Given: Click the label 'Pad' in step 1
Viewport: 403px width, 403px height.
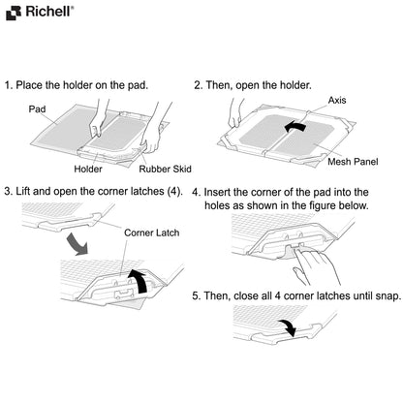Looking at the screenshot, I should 37,109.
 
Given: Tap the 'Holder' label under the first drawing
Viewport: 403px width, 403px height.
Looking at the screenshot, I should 88,168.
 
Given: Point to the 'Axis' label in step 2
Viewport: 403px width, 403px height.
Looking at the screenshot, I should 337,100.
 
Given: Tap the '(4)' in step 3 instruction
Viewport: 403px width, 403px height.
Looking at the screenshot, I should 172,191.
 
